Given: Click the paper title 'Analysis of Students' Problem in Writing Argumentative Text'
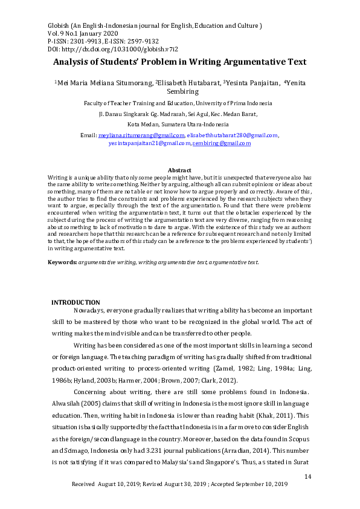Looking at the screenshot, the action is (179, 62).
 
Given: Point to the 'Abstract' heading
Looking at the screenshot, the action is (179, 170).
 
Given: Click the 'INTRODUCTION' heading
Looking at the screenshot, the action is (76, 302).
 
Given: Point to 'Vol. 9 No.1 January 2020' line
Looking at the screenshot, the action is (83, 34).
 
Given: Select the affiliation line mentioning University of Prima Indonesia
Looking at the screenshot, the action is (178, 103).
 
